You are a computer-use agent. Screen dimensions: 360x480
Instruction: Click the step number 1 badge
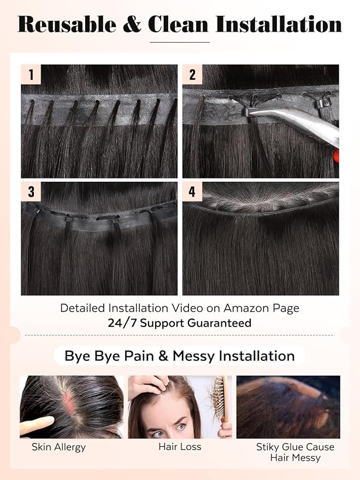pyautogui.click(x=31, y=74)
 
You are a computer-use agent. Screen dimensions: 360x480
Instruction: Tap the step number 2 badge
pyautogui.click(x=192, y=74)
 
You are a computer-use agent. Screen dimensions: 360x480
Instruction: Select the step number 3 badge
pyautogui.click(x=31, y=192)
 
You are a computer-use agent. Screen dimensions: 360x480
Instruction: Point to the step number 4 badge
pyautogui.click(x=192, y=192)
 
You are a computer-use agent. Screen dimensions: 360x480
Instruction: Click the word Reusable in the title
pyautogui.click(x=67, y=24)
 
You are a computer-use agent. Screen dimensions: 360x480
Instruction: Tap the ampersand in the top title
pyautogui.click(x=132, y=24)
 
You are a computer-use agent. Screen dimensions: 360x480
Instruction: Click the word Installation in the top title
pyautogui.click(x=279, y=24)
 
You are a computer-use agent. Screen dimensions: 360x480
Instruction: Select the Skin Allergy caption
pyautogui.click(x=59, y=447)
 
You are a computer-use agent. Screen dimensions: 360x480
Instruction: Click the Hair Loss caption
pyautogui.click(x=180, y=447)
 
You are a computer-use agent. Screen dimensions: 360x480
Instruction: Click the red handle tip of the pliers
pyautogui.click(x=336, y=156)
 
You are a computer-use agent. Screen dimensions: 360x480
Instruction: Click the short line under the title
pyautogui.click(x=180, y=42)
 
